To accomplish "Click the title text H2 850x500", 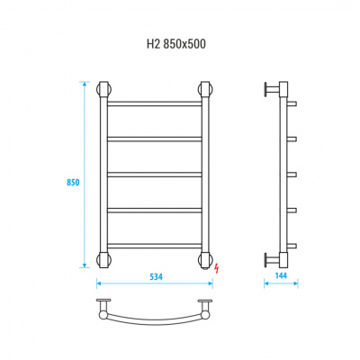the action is [x=176, y=44].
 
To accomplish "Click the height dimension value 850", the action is [x=73, y=183].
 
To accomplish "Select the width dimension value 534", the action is [x=156, y=277].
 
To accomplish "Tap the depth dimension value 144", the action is [x=281, y=275].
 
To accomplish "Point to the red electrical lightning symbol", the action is [x=216, y=268].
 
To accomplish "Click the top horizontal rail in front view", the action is [x=155, y=103].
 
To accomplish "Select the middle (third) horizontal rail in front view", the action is [x=155, y=175].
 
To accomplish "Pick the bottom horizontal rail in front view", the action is [x=155, y=246].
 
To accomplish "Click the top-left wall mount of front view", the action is [x=103, y=89].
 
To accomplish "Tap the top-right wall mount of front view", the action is [x=205, y=89].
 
